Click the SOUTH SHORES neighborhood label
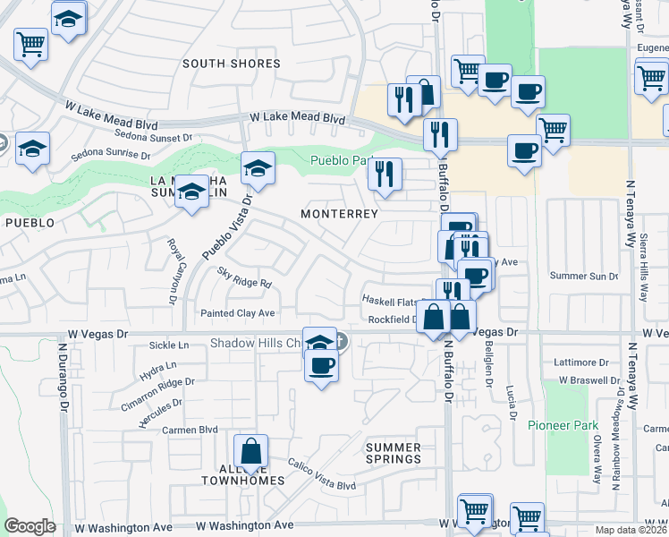tap(232, 64)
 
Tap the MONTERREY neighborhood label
tap(339, 215)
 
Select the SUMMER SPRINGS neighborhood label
tap(394, 453)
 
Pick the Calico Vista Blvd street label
tap(321, 474)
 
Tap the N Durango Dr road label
tap(64, 376)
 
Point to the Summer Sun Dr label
tap(584, 276)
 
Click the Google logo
tap(30, 526)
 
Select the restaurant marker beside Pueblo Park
tap(385, 175)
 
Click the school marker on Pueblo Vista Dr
tap(258, 169)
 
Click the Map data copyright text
tap(631, 530)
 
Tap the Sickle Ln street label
tap(170, 345)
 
